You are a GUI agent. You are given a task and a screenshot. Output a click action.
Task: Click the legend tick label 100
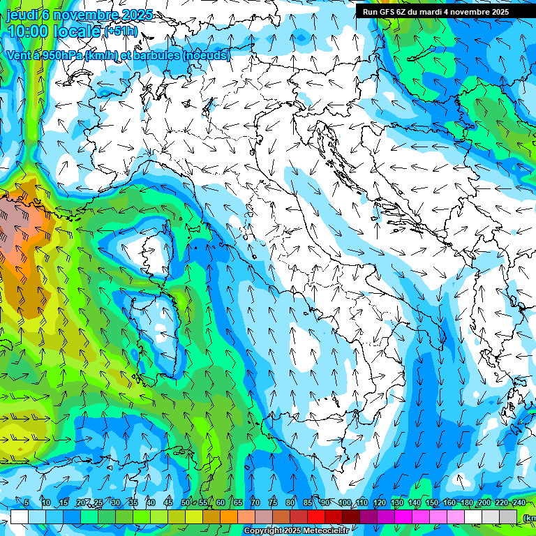(345, 502)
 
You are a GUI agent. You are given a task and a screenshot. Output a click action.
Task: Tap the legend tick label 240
(519, 502)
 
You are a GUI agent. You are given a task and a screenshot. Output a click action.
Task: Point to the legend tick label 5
(27, 502)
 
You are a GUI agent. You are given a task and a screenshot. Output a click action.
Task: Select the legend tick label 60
(220, 502)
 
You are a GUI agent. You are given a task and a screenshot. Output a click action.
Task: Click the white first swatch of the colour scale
(19, 516)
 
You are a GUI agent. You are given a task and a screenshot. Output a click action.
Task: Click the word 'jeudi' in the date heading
(23, 15)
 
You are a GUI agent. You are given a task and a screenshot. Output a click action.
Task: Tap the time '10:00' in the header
(28, 31)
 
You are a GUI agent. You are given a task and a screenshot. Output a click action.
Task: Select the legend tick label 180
(466, 502)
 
